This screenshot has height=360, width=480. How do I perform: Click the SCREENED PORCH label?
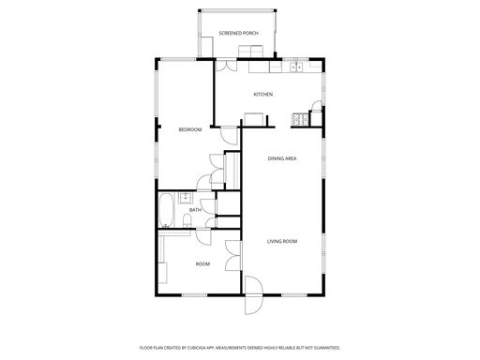(x=238, y=33)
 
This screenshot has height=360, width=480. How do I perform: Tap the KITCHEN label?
(x=262, y=94)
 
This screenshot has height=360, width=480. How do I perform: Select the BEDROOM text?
(x=190, y=129)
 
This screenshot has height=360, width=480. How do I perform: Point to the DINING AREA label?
(x=282, y=158)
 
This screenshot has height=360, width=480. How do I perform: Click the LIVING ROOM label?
(x=282, y=241)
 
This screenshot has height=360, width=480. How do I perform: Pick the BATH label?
(x=195, y=210)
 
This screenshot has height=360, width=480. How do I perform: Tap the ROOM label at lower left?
(x=202, y=264)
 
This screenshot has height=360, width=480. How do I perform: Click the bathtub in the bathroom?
(x=166, y=210)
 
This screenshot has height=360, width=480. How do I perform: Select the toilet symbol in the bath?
(x=187, y=220)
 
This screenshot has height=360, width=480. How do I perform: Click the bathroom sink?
(x=186, y=198)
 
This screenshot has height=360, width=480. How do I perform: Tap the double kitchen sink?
(x=295, y=67)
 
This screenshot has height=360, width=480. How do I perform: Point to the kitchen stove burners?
(x=300, y=119)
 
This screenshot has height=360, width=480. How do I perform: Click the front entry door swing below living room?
(x=254, y=295)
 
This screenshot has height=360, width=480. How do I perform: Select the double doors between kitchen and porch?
(x=227, y=66)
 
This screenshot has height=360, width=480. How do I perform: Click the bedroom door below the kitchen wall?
(x=230, y=135)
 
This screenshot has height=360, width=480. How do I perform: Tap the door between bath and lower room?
(x=203, y=237)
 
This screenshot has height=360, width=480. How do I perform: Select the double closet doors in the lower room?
(x=232, y=256)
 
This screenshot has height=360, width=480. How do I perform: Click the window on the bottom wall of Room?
(x=194, y=294)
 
